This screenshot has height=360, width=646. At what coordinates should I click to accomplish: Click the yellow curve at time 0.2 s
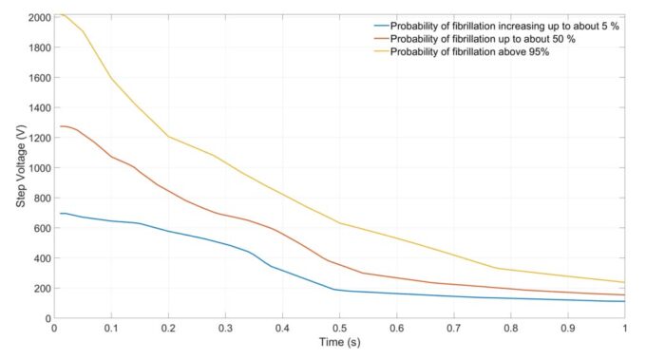pyautogui.click(x=168, y=136)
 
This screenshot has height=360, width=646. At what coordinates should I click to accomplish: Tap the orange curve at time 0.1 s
pyautogui.click(x=111, y=157)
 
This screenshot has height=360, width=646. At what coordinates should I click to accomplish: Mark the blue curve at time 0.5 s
pyautogui.click(x=339, y=290)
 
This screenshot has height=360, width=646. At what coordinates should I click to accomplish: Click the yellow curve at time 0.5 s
pyautogui.click(x=339, y=223)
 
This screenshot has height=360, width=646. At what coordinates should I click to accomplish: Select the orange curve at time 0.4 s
pyautogui.click(x=282, y=233)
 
